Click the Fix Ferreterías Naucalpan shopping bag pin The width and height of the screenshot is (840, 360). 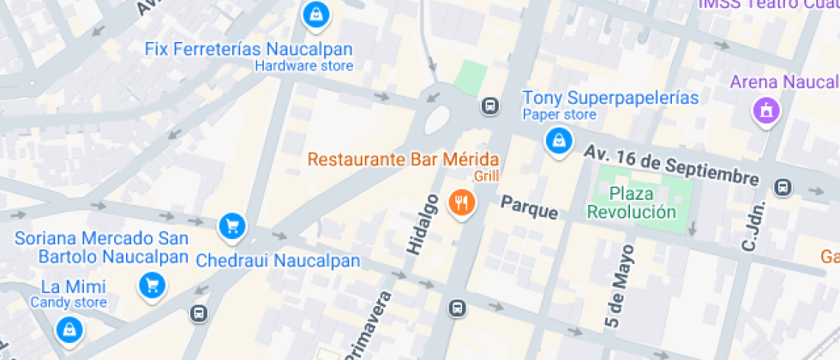pyautogui.click(x=315, y=14)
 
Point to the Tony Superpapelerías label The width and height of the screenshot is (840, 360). pyautogui.click(x=610, y=98)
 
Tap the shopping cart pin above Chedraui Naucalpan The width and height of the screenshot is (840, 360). pyautogui.click(x=231, y=226)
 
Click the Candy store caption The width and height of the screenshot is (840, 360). pyautogui.click(x=69, y=303)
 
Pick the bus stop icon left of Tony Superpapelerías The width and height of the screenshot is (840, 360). pyautogui.click(x=489, y=106)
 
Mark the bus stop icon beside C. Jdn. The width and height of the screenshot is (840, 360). pyautogui.click(x=783, y=188)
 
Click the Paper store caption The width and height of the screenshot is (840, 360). pyautogui.click(x=559, y=115)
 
